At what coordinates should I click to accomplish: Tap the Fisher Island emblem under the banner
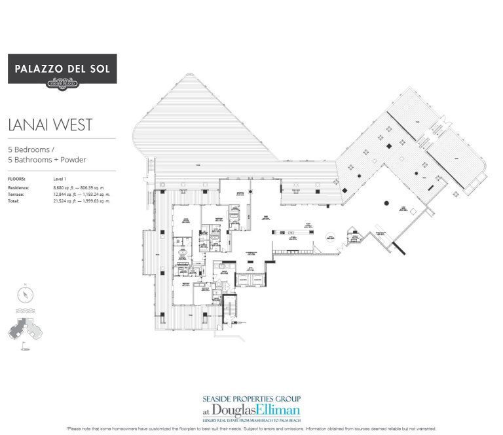pyautogui.click(x=62, y=82)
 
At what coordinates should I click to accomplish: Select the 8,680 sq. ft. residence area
pyautogui.click(x=67, y=188)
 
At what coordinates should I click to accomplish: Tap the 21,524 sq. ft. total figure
pyautogui.click(x=67, y=201)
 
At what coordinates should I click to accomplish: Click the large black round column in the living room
pyautogui.click(x=387, y=204)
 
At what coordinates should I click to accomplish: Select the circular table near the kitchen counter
pyautogui.click(x=332, y=238)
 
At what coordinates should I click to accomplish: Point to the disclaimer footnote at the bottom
pyautogui.click(x=251, y=428)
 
